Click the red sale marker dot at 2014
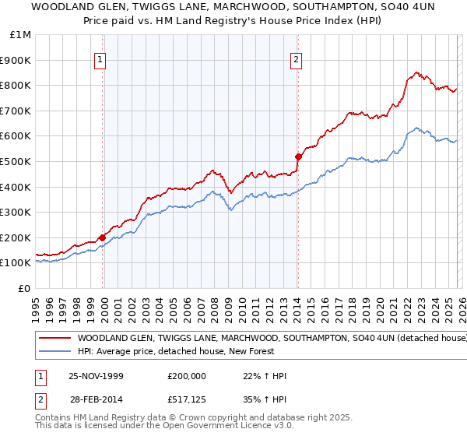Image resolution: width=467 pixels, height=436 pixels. [x=297, y=156]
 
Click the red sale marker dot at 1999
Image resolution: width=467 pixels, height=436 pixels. [x=102, y=237]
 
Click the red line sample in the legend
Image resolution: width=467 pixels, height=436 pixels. [x=54, y=339]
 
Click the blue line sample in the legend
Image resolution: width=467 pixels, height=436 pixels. [x=54, y=352]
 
